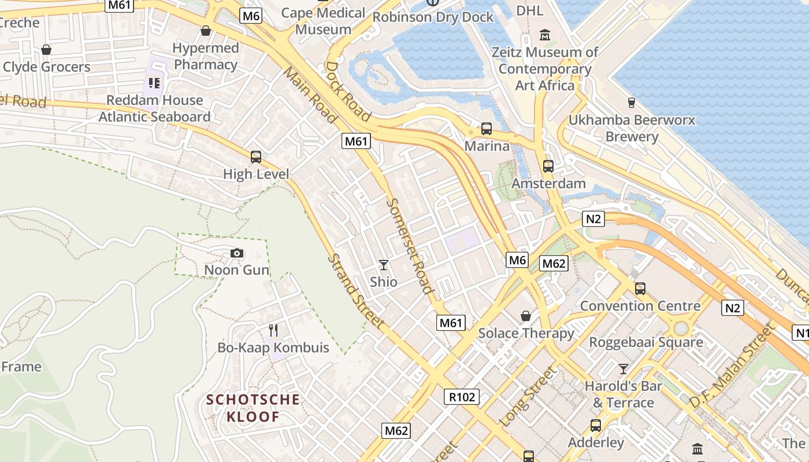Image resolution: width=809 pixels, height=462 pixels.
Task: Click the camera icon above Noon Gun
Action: [x=236, y=253]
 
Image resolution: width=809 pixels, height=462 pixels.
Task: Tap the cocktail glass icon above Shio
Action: [x=384, y=265]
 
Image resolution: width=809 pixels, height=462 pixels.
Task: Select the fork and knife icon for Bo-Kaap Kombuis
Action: [x=273, y=330]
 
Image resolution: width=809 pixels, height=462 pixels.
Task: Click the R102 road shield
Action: [x=461, y=397]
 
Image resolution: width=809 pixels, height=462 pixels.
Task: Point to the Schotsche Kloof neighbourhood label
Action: [x=253, y=408]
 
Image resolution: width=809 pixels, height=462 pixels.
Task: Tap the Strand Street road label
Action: [x=355, y=291]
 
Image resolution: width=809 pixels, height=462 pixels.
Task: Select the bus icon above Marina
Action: [x=487, y=129]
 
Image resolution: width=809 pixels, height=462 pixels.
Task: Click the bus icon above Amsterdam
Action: [x=548, y=166]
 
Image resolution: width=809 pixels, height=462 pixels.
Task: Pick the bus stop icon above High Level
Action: [x=256, y=157]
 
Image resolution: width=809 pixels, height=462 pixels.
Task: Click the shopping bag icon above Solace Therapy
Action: [x=526, y=316]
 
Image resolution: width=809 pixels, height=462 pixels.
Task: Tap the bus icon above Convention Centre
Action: [x=640, y=288]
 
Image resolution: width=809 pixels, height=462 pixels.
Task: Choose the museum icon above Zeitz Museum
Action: [x=544, y=35]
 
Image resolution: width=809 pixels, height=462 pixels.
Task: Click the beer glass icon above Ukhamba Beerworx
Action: [x=632, y=102]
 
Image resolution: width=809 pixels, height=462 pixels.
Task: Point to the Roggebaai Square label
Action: [x=646, y=342]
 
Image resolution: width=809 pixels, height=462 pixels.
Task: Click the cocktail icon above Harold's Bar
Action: [x=623, y=368]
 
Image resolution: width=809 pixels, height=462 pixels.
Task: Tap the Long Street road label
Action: [x=528, y=396]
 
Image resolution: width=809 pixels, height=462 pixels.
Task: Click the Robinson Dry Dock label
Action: [x=433, y=17]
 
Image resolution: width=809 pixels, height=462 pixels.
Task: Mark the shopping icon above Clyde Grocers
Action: [x=46, y=50]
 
